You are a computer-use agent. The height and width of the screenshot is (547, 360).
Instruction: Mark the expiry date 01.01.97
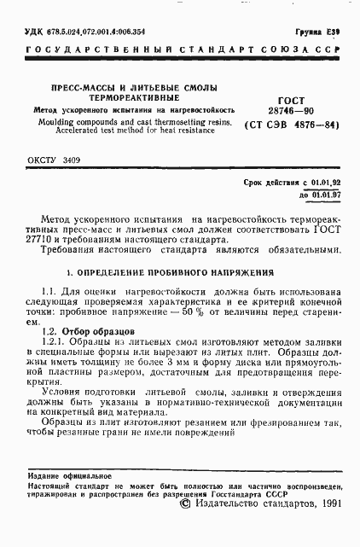click(x=325, y=195)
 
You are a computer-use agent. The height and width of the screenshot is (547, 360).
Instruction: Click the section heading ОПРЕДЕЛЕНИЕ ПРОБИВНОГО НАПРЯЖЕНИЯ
click(x=170, y=274)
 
